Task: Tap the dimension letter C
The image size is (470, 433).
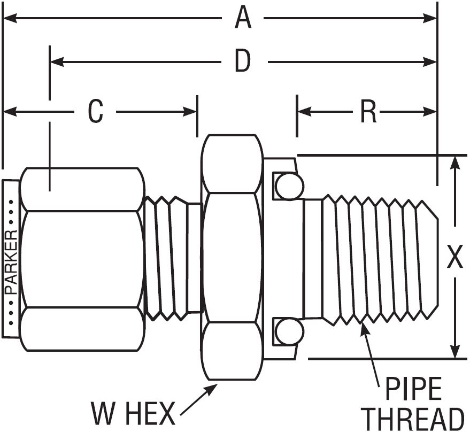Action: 96,112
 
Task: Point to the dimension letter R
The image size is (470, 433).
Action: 368,112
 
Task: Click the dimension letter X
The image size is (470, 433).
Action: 454,258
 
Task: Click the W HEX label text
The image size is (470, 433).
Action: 133,413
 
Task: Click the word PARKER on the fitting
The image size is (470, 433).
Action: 11,262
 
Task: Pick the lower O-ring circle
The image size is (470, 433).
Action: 289,332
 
